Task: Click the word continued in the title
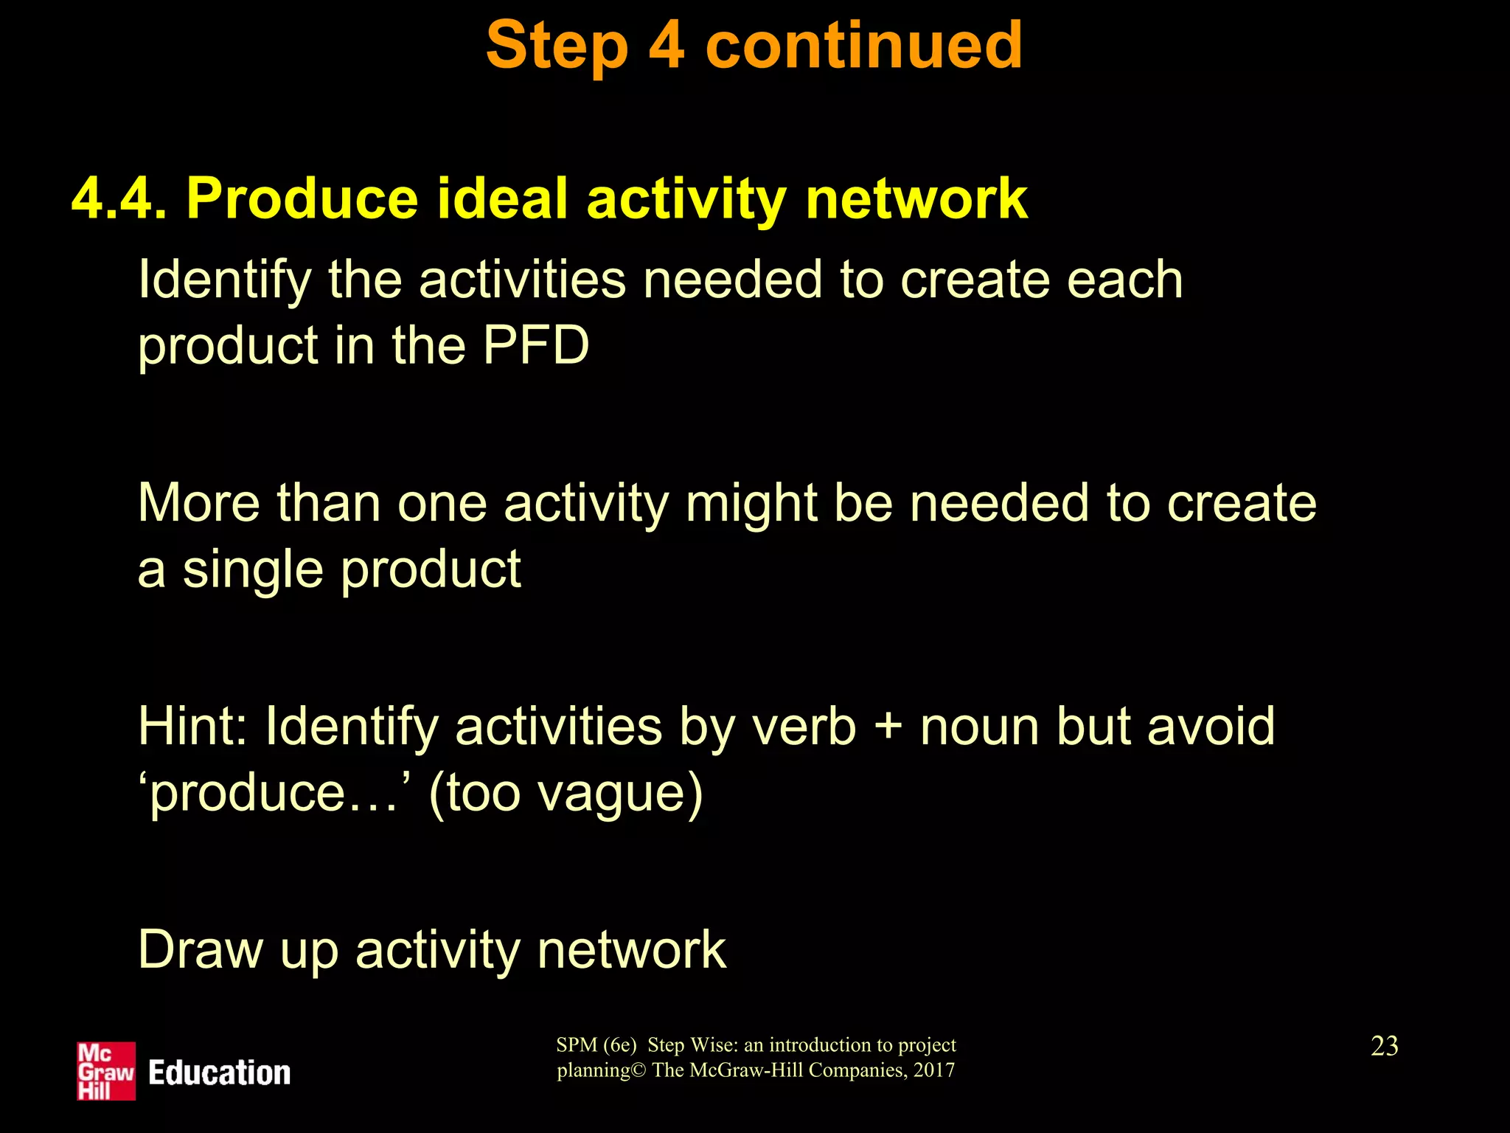click(863, 46)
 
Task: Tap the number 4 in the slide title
click(666, 46)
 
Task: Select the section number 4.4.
click(119, 199)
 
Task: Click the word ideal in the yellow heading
click(501, 199)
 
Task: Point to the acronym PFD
click(536, 345)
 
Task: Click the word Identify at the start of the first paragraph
click(225, 280)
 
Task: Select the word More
click(198, 504)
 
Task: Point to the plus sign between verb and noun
click(888, 727)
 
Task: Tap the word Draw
click(200, 950)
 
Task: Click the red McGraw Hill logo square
click(106, 1071)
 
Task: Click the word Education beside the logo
click(219, 1073)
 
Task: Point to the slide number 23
click(1384, 1046)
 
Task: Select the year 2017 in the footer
click(933, 1070)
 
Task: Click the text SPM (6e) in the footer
click(596, 1045)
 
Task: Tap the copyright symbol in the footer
click(639, 1070)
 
